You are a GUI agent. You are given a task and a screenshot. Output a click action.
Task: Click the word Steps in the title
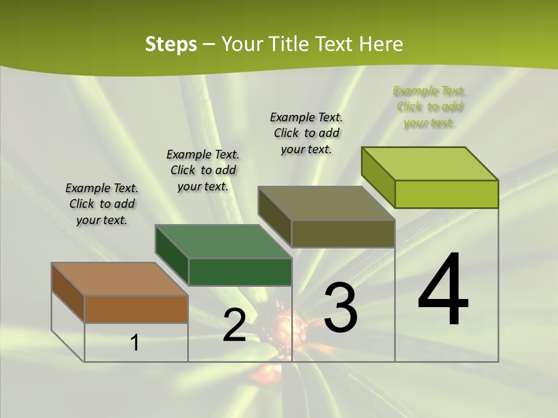pyautogui.click(x=171, y=44)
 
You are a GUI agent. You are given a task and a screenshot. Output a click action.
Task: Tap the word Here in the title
pyautogui.click(x=381, y=44)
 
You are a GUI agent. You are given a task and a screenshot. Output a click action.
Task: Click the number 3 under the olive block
pyautogui.click(x=341, y=308)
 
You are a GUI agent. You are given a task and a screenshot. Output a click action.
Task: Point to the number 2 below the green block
pyautogui.click(x=234, y=325)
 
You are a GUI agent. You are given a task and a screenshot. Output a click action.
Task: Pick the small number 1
pyautogui.click(x=134, y=343)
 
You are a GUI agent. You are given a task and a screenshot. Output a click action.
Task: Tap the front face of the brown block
pyautogui.click(x=136, y=309)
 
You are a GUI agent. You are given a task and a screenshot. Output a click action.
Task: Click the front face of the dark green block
pyautogui.click(x=240, y=272)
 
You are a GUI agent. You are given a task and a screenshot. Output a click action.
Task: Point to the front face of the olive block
pyautogui.click(x=343, y=233)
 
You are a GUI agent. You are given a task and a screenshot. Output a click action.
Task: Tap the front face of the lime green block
pyautogui.click(x=446, y=194)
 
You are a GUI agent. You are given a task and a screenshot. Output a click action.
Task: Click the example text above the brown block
pyautogui.click(x=102, y=204)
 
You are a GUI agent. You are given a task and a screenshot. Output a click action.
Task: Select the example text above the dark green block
pyautogui.click(x=203, y=170)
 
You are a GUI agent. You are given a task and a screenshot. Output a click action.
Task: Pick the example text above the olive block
pyautogui.click(x=306, y=133)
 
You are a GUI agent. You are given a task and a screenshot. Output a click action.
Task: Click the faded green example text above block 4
pyautogui.click(x=430, y=107)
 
